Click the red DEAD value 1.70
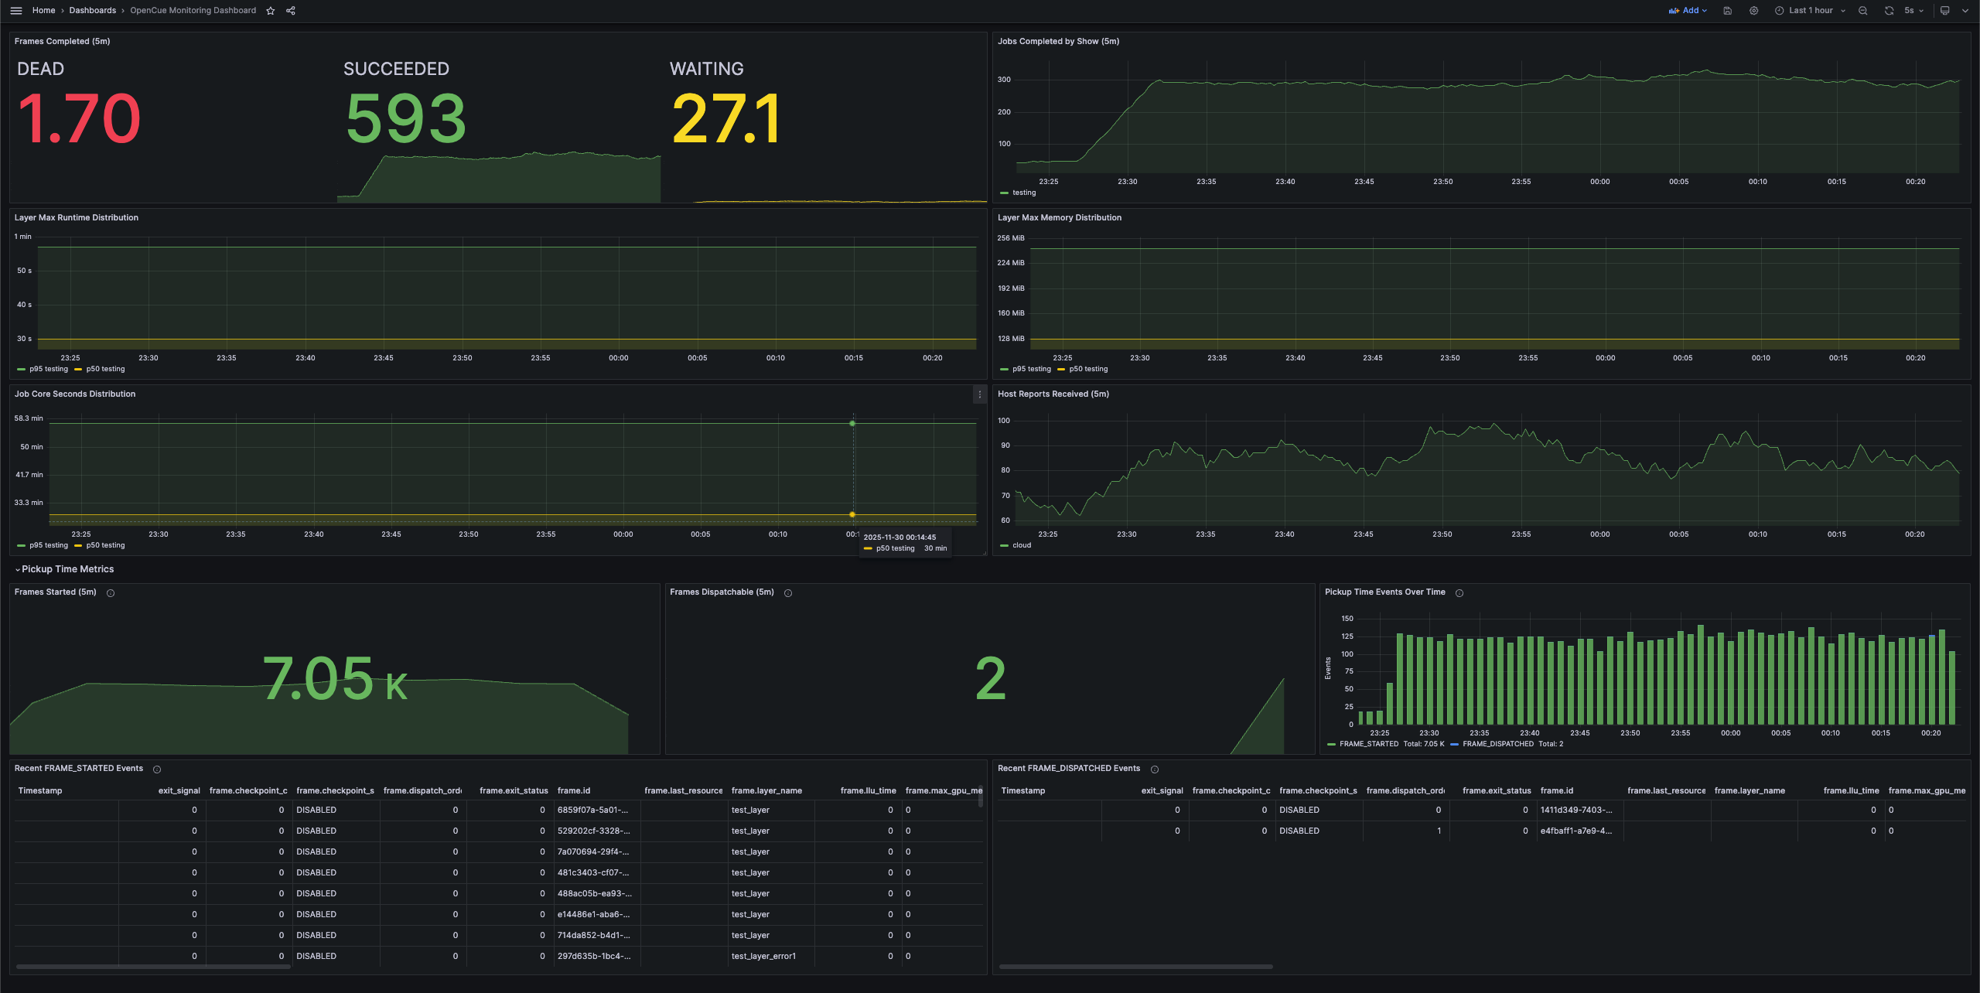coord(79,119)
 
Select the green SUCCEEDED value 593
coord(406,119)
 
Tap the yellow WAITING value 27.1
coord(726,119)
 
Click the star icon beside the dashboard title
coord(271,11)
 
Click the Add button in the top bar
coord(1688,11)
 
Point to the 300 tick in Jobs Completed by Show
coord(1004,80)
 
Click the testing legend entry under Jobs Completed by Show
coord(1023,193)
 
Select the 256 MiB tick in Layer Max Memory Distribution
coord(1010,238)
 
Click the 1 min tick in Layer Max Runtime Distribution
coord(23,237)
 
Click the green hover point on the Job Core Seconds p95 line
coord(852,423)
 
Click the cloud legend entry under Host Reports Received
coord(1021,545)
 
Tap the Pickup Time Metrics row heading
coord(67,569)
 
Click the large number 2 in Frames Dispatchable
coord(990,678)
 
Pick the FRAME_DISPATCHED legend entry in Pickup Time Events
coord(1497,744)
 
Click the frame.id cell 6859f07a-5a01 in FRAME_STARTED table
coord(592,810)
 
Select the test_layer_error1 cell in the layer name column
coord(763,957)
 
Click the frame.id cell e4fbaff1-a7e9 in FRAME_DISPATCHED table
coord(1575,831)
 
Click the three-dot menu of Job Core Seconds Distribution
coord(979,394)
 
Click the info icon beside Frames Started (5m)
coord(111,593)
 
